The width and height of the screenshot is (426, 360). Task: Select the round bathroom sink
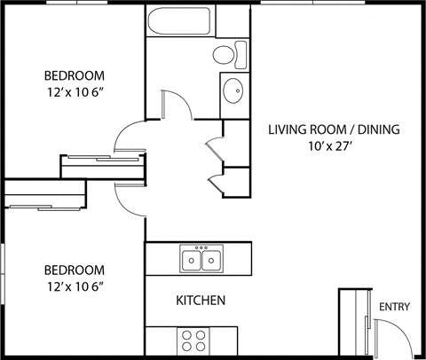tap(234, 91)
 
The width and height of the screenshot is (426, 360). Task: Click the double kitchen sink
tap(201, 260)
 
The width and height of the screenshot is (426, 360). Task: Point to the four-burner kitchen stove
tap(193, 340)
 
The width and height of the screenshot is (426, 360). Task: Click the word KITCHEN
tap(201, 301)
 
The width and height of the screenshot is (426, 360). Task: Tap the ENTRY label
tap(394, 307)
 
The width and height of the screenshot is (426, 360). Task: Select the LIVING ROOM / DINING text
tap(334, 129)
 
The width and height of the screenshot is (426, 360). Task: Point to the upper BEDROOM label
tap(75, 75)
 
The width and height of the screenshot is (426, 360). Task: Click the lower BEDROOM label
tap(75, 270)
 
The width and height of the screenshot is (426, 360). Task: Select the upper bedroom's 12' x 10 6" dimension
tap(75, 93)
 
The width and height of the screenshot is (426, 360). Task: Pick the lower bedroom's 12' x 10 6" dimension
tap(75, 287)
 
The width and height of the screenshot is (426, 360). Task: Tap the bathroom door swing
tap(177, 102)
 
